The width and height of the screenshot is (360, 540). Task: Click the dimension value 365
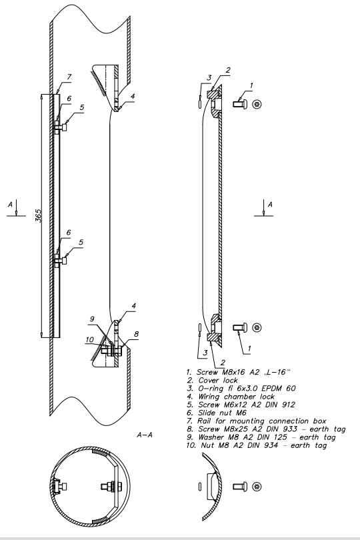[38, 215]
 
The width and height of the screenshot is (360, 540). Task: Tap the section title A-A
[145, 435]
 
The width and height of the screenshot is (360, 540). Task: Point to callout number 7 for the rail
[69, 77]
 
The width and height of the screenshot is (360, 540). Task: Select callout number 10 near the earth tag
[89, 339]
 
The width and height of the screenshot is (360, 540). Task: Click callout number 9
[92, 319]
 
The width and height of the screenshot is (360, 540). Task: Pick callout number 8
[137, 334]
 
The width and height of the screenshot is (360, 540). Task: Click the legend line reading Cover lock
[213, 380]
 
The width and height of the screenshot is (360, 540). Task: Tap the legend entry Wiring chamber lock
[231, 397]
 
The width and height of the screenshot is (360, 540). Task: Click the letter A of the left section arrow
[11, 205]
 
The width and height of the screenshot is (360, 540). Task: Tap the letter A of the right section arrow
[270, 205]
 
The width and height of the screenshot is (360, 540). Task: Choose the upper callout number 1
[251, 85]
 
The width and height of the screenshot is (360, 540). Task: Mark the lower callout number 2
[223, 362]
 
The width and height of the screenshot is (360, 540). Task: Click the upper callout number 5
[81, 107]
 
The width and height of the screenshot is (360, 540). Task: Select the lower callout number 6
[68, 233]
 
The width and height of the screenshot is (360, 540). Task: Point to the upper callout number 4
[133, 97]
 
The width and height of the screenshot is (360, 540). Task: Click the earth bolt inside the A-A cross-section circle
[111, 487]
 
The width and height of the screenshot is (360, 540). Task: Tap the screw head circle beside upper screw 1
[257, 104]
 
